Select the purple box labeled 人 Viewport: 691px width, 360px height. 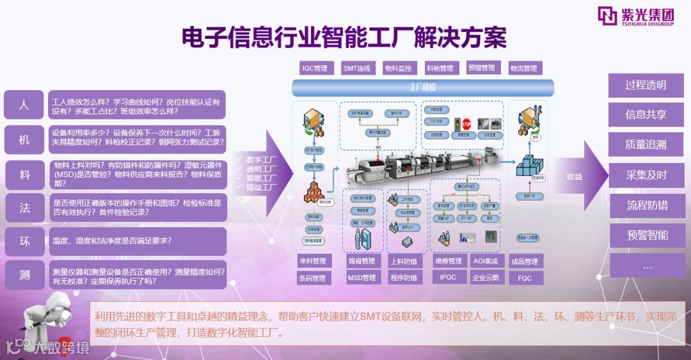(x=24, y=104)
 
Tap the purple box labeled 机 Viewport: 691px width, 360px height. (x=24, y=138)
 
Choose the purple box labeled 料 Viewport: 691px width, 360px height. (x=24, y=173)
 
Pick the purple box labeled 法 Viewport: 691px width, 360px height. (x=24, y=207)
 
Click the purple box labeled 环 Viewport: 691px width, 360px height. (x=24, y=241)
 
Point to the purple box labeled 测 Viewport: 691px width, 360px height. (x=24, y=275)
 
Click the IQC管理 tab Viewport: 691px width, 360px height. (x=314, y=68)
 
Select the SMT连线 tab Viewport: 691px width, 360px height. (x=357, y=68)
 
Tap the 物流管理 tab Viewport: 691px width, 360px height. (x=524, y=68)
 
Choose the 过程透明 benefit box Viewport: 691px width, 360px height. (x=646, y=85)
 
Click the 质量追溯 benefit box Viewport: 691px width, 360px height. (x=646, y=145)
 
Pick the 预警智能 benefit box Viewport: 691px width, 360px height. (x=646, y=235)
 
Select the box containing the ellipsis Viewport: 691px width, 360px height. (x=646, y=265)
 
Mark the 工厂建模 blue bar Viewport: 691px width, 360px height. (x=423, y=87)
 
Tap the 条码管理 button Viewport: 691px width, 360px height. (x=313, y=278)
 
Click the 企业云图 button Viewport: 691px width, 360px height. (x=486, y=278)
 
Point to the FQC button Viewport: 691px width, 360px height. (x=525, y=278)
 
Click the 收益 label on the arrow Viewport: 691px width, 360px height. (x=575, y=176)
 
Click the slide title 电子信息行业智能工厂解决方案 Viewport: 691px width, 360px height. (x=344, y=37)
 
